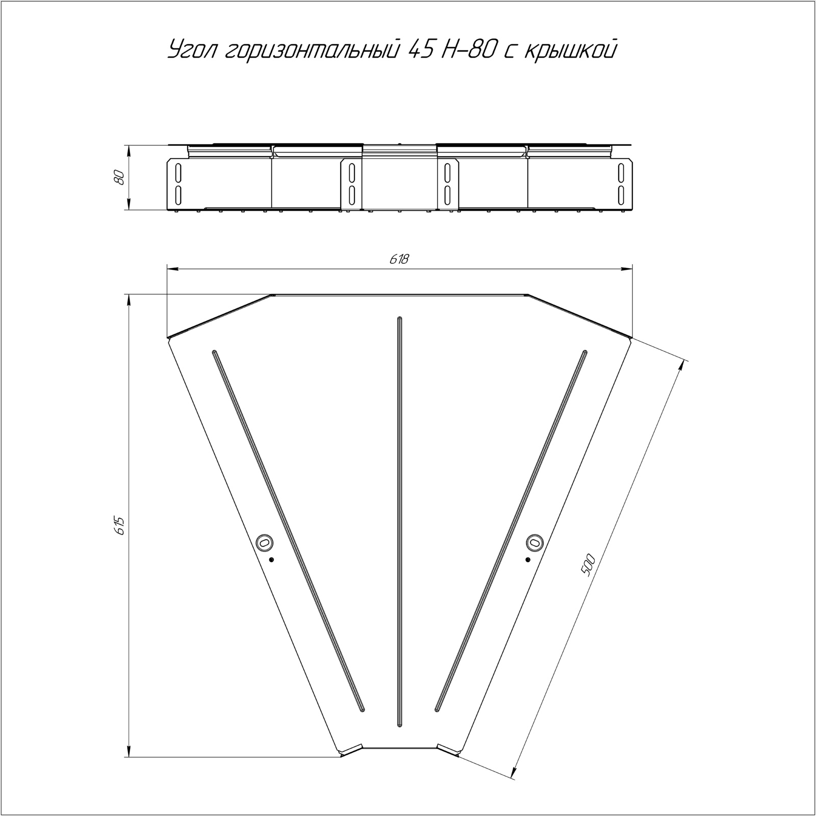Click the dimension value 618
point(399,259)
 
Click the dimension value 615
point(120,525)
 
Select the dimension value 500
point(587,565)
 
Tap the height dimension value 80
point(120,177)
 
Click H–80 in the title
point(468,50)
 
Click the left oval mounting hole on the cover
point(264,542)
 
